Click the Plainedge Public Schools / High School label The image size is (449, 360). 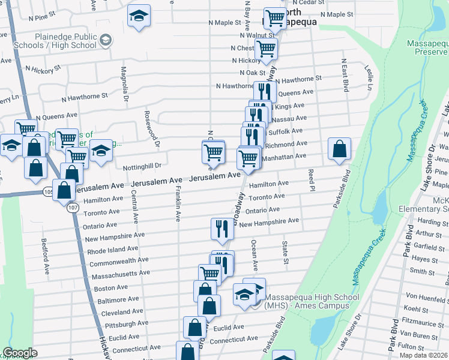click(x=65, y=41)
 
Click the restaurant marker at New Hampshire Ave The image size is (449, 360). click(x=222, y=229)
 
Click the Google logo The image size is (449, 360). click(x=20, y=353)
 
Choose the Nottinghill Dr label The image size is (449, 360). click(x=142, y=166)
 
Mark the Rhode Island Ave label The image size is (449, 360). click(x=113, y=249)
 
